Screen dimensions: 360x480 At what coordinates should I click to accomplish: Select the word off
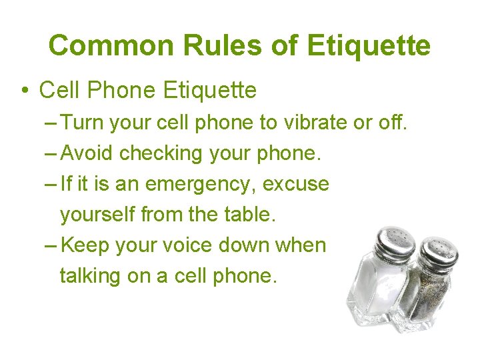(392, 123)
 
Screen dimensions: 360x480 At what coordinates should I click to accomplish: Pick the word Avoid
(87, 153)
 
